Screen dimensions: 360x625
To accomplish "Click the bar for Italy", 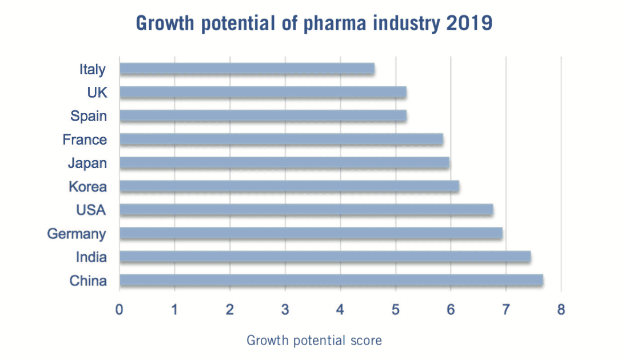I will [x=247, y=69].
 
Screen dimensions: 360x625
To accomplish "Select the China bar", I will [x=331, y=281].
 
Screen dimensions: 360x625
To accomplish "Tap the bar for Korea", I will [x=289, y=186].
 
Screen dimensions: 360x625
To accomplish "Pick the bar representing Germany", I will [x=311, y=233].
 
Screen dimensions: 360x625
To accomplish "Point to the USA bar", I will [x=306, y=210].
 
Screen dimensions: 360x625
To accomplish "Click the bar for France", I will [x=281, y=139].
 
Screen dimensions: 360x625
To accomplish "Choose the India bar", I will [x=325, y=257].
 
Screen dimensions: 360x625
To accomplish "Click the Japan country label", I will [x=87, y=163].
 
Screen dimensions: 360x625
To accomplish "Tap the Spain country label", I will [x=89, y=116].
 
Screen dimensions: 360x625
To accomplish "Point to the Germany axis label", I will [x=77, y=234].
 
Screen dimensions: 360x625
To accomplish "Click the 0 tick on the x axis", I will [x=120, y=310].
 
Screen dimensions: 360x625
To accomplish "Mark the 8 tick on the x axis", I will [x=561, y=310].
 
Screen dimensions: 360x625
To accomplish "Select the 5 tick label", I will [x=395, y=310].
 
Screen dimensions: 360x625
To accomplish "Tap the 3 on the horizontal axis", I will [x=285, y=310].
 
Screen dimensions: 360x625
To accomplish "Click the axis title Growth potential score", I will [x=314, y=341].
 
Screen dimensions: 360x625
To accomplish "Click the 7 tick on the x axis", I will [x=505, y=310].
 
